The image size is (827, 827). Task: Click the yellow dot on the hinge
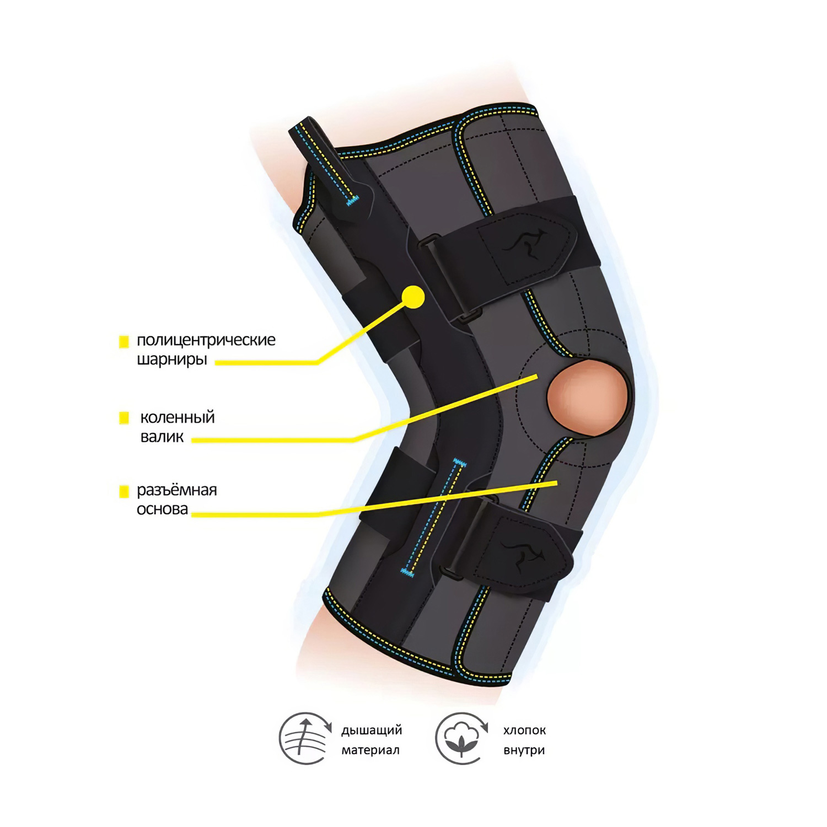(413, 297)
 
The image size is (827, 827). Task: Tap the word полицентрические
(206, 340)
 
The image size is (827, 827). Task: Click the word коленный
(178, 417)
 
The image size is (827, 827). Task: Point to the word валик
(162, 437)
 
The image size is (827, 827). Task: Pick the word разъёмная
(177, 490)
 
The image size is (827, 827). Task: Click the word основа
(163, 509)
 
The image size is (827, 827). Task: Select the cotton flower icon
(461, 739)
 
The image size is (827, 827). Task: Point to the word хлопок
(524, 731)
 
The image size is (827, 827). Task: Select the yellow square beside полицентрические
(124, 342)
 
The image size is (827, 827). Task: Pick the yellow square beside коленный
(124, 418)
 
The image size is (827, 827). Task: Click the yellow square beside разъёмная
(124, 491)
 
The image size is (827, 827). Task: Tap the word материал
(370, 750)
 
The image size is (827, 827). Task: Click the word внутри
(524, 750)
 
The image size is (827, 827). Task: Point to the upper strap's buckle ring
(428, 241)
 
